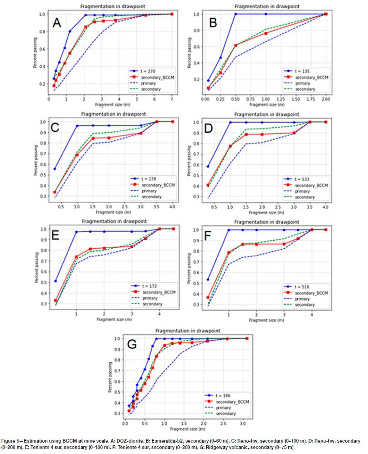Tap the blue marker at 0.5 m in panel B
[x=235, y=14]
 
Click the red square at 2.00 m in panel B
[x=326, y=14]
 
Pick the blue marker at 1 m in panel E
[x=76, y=232]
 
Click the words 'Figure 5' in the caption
[x=13, y=441]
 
